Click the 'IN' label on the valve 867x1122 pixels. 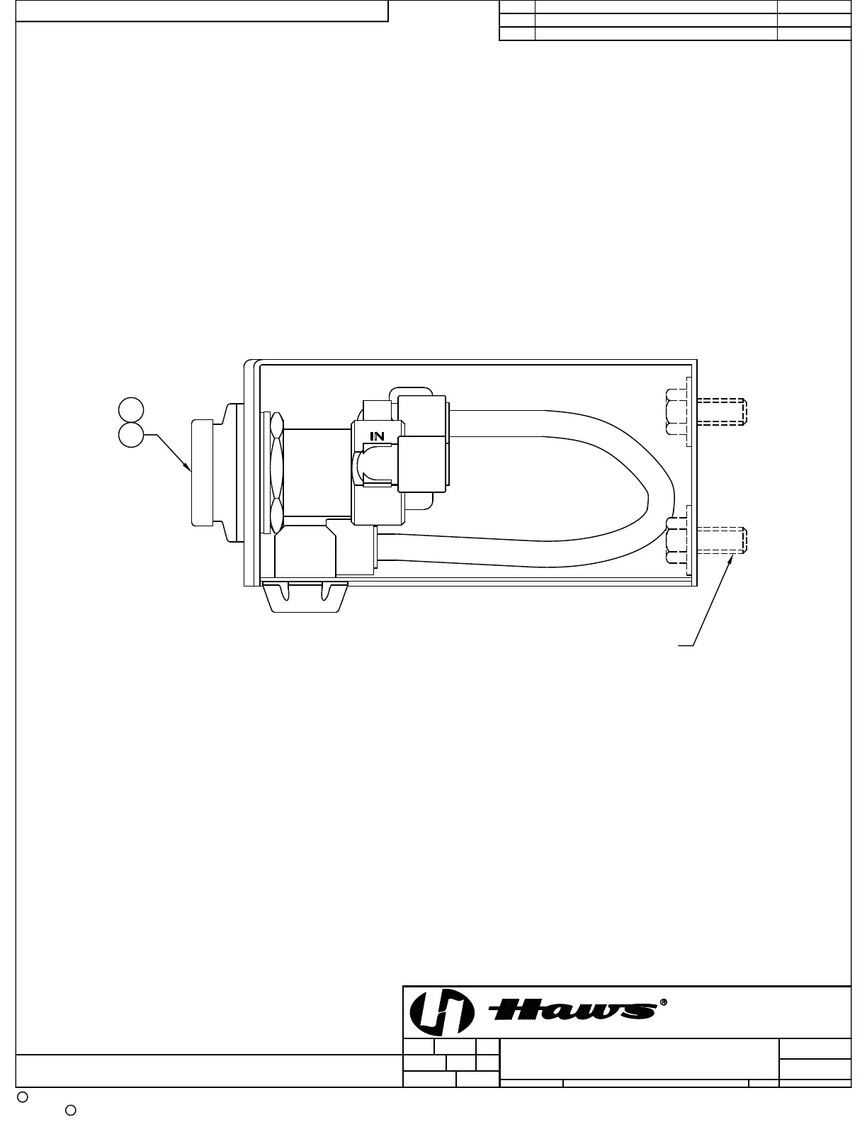click(x=377, y=436)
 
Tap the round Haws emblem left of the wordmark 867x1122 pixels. click(x=441, y=1012)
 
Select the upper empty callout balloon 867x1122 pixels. click(x=131, y=410)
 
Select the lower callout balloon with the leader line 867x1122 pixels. click(x=131, y=435)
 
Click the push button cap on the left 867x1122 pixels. click(x=202, y=473)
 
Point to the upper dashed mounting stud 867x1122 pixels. click(x=722, y=412)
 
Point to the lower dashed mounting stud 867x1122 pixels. click(x=722, y=540)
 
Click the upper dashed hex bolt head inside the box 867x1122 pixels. click(x=676, y=412)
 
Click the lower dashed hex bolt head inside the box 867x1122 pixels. click(x=676, y=540)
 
